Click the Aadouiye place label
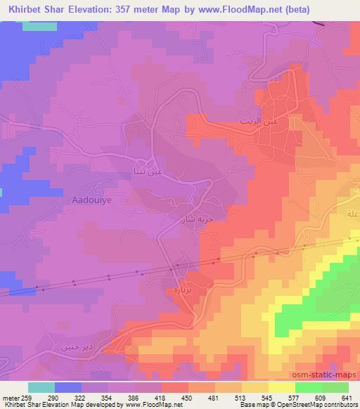(93, 200)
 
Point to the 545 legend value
(267, 397)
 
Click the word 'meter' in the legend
(12, 397)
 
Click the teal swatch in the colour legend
(41, 387)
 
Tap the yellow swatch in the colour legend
(282, 387)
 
